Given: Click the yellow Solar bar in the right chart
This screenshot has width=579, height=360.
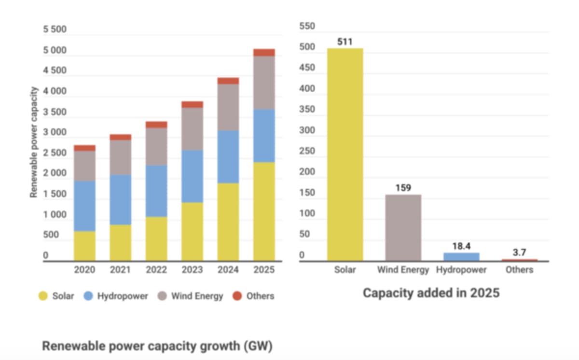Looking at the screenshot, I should point(345,154).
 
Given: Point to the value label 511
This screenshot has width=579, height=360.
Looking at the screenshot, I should point(345,42).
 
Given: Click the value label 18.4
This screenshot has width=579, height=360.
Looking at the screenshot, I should point(461,246).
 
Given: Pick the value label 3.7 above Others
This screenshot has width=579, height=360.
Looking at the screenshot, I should point(520,252).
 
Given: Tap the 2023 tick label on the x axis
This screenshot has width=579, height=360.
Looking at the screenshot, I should point(192,270).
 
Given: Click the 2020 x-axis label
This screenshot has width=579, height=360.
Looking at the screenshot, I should point(84,270).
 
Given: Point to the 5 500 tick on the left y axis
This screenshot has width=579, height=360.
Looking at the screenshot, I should point(55,30).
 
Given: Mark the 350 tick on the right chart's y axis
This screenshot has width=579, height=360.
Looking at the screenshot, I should point(307,110).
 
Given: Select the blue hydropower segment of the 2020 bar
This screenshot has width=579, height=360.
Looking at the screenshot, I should point(84,206).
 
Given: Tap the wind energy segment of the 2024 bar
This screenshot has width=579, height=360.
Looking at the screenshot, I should point(228,107).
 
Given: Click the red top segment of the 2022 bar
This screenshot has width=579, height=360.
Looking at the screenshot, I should point(156,125).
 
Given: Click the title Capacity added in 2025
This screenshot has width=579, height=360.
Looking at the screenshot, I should point(431,293).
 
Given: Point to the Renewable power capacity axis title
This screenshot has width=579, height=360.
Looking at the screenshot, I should point(34,142).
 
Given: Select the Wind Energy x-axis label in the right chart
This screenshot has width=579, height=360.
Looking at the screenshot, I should point(403,270).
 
